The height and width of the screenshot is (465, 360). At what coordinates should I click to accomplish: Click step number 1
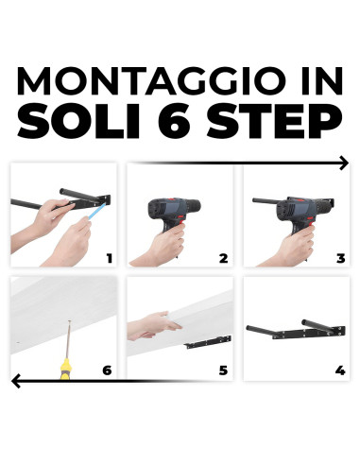(x=109, y=257)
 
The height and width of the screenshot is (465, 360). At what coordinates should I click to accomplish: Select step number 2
(x=224, y=257)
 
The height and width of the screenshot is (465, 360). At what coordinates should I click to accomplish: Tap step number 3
(x=339, y=257)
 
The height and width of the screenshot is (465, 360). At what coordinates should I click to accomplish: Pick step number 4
(x=339, y=370)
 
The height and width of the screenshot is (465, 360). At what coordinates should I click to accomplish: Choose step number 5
(x=224, y=370)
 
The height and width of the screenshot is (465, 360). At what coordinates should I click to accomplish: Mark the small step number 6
(x=107, y=370)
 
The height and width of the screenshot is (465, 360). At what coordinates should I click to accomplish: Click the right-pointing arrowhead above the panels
(x=342, y=164)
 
